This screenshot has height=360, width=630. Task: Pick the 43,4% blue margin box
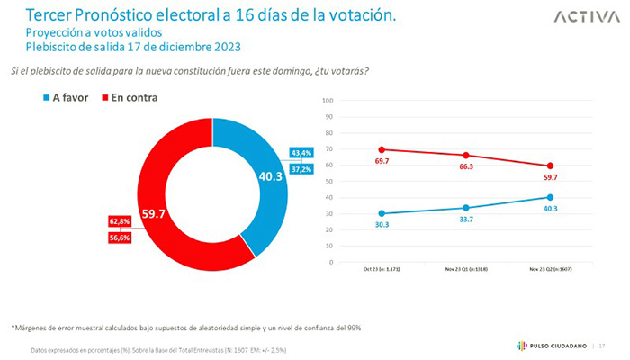coord(301,154)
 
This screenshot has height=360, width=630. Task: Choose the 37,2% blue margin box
coord(301,169)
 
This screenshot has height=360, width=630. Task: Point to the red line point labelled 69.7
coord(382,149)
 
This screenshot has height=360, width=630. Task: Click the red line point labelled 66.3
coord(466,155)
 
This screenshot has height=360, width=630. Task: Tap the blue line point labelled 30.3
coord(382,213)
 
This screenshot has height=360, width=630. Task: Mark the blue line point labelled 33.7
coord(466,208)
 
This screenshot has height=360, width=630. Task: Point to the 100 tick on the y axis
coord(328,100)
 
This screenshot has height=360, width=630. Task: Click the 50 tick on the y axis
coord(329,181)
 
